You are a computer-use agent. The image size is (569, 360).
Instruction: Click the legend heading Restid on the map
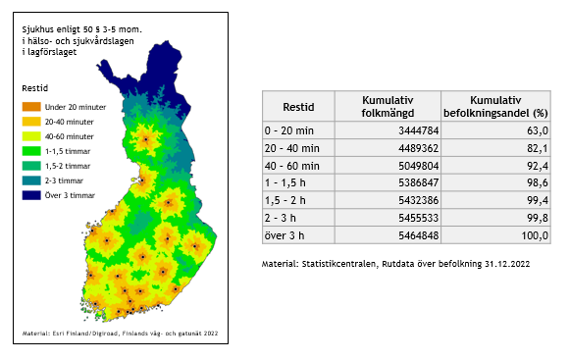[x=36, y=89]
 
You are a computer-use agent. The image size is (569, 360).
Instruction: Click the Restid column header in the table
[x=298, y=106]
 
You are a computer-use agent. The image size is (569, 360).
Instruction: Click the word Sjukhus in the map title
[x=39, y=30]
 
